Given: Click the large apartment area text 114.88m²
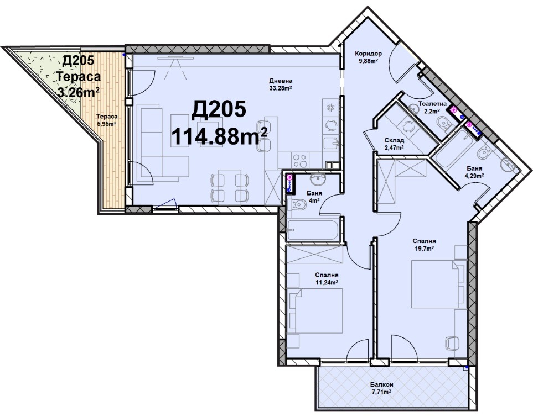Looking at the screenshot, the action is [219, 136].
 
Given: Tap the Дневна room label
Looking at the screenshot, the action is [281, 81].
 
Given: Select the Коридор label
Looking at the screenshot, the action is [368, 53].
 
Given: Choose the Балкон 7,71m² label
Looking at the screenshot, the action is [382, 388].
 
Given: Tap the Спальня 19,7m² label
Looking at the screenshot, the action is [424, 244].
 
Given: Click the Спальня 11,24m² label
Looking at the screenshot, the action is [327, 278].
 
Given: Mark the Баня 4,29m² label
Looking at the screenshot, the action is [474, 172].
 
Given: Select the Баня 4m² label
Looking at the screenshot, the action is [314, 197].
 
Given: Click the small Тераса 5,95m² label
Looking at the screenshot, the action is [107, 120].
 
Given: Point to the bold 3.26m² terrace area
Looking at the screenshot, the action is [79, 92].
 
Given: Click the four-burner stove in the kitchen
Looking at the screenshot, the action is [299, 161].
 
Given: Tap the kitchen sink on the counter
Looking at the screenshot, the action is [331, 143].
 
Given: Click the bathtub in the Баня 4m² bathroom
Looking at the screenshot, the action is [313, 230].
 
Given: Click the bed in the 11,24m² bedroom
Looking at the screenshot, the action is [315, 310].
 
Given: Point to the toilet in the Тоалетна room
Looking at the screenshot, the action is [444, 124].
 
